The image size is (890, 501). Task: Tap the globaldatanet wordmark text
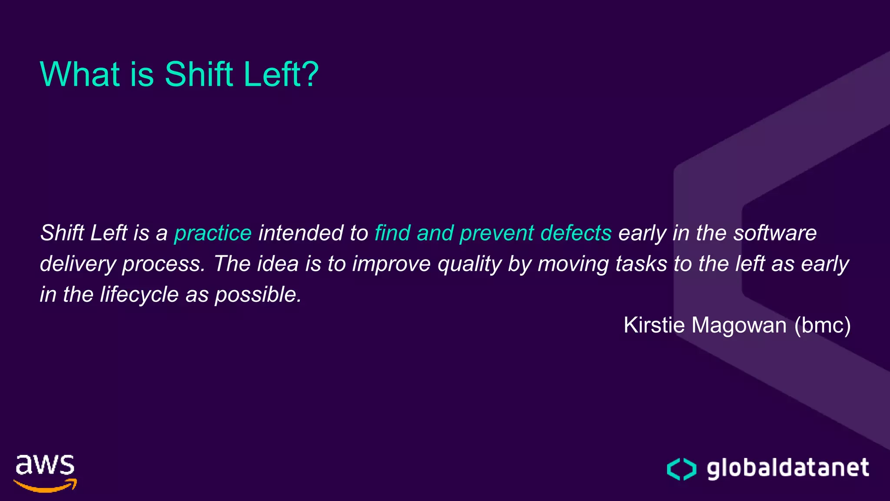tap(787, 468)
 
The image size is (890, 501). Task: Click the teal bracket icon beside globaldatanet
tap(681, 469)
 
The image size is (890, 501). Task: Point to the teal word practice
tap(213, 233)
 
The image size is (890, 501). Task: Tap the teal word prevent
tap(497, 233)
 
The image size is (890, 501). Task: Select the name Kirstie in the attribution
tap(654, 325)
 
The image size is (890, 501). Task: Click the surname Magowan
tap(739, 325)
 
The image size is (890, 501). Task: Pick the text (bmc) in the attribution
tap(822, 325)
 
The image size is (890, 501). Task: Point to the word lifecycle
tap(139, 295)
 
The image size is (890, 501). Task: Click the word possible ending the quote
tap(258, 295)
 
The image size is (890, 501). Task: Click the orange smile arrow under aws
tap(46, 486)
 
